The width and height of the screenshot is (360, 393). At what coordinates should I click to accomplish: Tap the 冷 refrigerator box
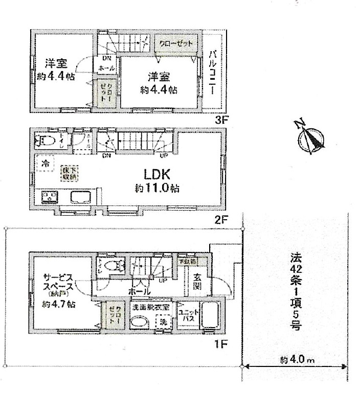click(45, 164)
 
